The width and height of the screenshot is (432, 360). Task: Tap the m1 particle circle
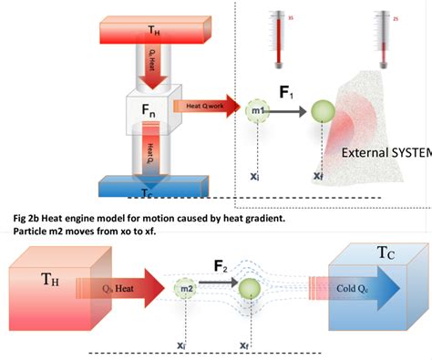[259, 111]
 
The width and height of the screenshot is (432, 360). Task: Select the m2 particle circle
[188, 289]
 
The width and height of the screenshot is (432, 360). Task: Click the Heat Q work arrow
[205, 107]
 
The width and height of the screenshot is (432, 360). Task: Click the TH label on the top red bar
[156, 30]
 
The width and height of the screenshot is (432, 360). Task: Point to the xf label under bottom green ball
[244, 346]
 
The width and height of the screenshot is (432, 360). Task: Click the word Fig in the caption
[21, 219]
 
